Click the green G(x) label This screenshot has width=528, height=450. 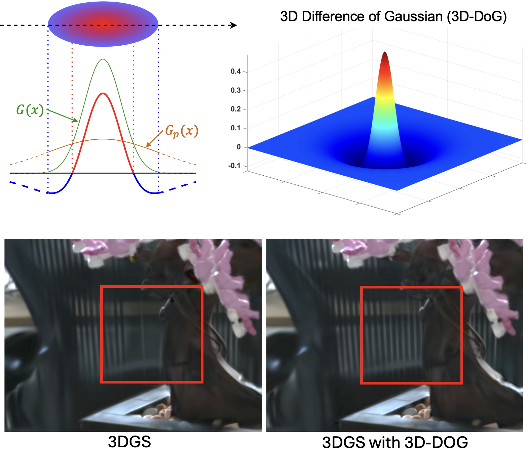[x=30, y=110]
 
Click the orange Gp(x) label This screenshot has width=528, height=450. [x=182, y=131]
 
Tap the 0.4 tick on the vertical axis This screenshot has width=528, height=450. [x=236, y=71]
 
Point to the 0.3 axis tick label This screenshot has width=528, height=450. [x=236, y=90]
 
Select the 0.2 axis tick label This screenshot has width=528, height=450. [x=236, y=109]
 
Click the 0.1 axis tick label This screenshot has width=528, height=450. [x=236, y=128]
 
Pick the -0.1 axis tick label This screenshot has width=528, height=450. [x=234, y=166]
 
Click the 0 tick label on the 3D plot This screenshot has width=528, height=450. [x=239, y=147]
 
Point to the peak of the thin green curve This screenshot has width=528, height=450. [x=103, y=59]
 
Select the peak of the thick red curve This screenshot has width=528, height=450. [x=103, y=94]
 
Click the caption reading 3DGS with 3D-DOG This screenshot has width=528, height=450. [x=395, y=442]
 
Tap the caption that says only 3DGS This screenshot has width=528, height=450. [x=129, y=442]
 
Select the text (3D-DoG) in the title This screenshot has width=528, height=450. [x=477, y=16]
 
